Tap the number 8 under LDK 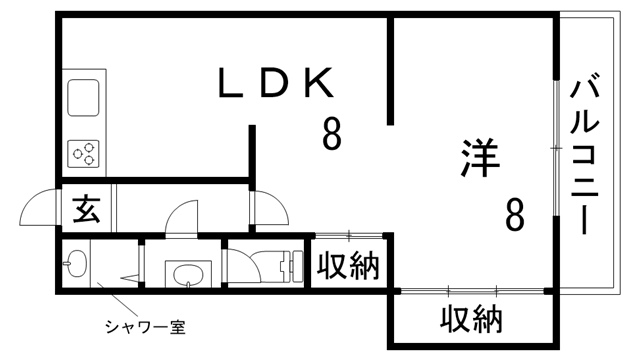331,133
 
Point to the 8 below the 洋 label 514,215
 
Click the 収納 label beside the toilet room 349,266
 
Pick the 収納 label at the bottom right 471,320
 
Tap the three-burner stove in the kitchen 85,155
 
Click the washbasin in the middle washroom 186,272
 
